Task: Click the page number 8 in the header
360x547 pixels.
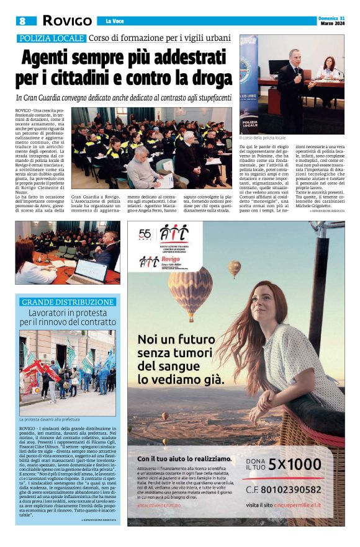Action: point(22,21)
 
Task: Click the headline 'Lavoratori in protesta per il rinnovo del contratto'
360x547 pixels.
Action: point(68,318)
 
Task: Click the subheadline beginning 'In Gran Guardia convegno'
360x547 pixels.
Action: point(124,97)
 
